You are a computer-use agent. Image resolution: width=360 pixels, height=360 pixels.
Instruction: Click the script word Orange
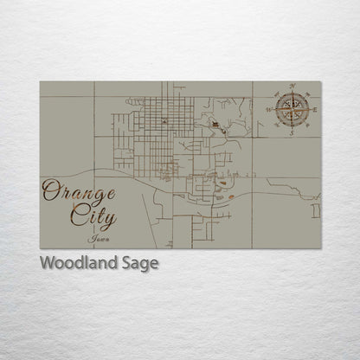point(78,190)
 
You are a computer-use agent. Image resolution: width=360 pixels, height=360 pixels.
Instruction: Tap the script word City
point(95,213)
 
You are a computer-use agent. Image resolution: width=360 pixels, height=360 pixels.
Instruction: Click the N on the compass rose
point(293,87)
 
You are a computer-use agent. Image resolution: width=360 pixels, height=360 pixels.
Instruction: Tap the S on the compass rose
point(293,132)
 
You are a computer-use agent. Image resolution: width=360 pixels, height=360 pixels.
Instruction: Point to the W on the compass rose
point(271,110)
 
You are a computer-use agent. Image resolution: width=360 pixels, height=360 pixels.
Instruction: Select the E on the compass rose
point(316,110)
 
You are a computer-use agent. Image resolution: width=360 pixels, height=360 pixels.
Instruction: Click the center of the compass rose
point(293,110)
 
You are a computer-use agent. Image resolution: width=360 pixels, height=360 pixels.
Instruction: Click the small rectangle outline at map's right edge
point(316,210)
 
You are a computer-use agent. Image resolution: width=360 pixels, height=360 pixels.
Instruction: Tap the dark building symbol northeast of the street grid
point(214,126)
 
